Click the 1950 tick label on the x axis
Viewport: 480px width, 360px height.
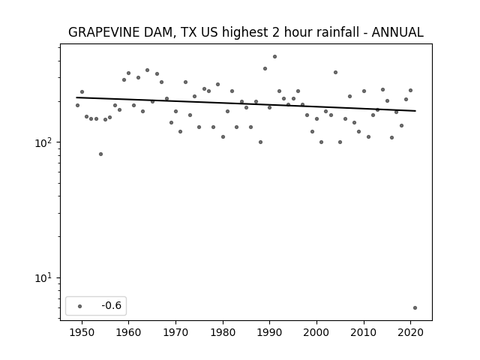(82, 332)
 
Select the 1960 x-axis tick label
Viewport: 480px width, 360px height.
(128, 332)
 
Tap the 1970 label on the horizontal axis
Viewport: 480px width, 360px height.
(175, 332)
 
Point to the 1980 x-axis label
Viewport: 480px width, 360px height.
(223, 332)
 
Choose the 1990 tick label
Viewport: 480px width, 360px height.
(270, 332)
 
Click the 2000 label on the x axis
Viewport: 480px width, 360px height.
(316, 332)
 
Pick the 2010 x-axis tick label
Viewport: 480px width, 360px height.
(364, 332)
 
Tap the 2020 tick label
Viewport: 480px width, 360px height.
(411, 332)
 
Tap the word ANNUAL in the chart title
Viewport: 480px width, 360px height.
(397, 32)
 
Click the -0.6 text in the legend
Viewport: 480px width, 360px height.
(112, 305)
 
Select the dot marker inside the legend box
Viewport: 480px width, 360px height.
(80, 306)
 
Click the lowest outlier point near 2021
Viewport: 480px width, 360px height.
(415, 307)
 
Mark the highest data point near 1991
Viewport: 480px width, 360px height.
(275, 57)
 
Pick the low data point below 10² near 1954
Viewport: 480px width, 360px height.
(100, 154)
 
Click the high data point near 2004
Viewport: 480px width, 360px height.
(335, 73)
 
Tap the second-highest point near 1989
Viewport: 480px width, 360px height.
(265, 68)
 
